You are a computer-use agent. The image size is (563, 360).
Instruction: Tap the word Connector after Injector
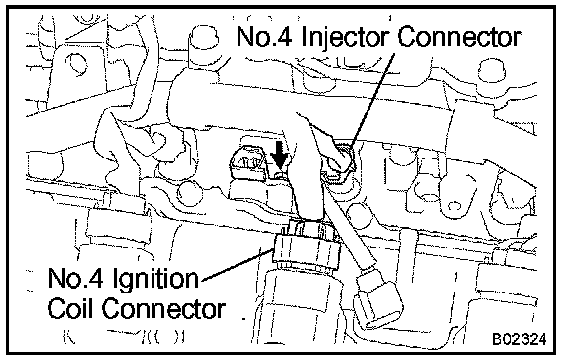coord(459,36)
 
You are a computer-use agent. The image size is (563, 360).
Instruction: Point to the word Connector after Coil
coord(163,309)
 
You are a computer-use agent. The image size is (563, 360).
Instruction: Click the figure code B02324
coord(520,338)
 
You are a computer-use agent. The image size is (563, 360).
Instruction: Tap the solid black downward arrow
coord(280,156)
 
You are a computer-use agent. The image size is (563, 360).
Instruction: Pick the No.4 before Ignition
coord(76,279)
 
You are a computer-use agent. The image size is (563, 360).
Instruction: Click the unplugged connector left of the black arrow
coord(247,162)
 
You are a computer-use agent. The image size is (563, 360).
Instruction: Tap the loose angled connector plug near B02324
coord(378,300)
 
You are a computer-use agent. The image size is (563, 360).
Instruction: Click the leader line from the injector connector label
coord(372,99)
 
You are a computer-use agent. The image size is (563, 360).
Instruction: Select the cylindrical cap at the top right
coord(492,70)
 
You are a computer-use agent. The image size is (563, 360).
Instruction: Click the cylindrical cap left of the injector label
coord(203,45)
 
